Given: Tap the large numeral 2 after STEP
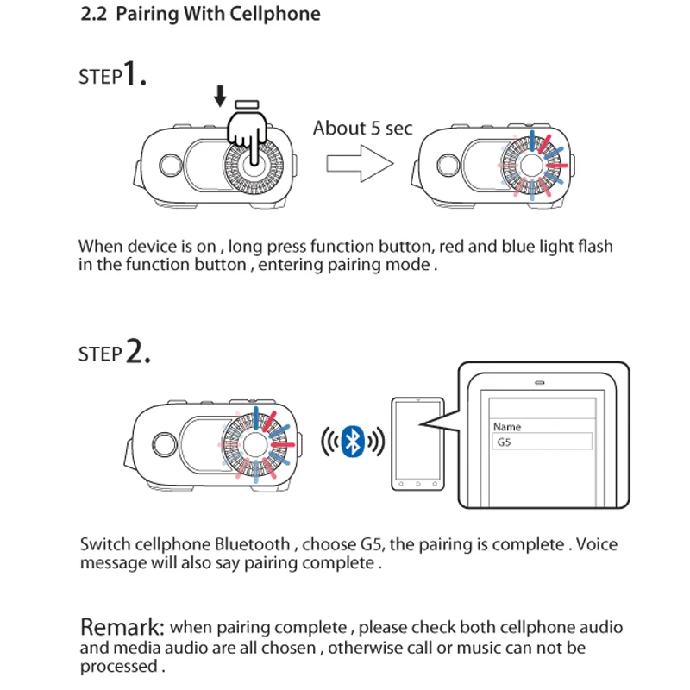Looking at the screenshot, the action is point(137,352).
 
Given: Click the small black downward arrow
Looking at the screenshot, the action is point(220,96).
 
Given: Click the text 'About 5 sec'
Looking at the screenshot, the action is point(362,129).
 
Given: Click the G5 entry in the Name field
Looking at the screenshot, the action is point(505,442).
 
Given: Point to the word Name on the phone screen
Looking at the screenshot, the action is point(507,427).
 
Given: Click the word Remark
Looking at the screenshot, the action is point(122,628).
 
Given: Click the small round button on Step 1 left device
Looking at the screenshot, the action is point(171,163).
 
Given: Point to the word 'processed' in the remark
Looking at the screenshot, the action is point(118,666).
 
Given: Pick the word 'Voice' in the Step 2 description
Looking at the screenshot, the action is point(597,544).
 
